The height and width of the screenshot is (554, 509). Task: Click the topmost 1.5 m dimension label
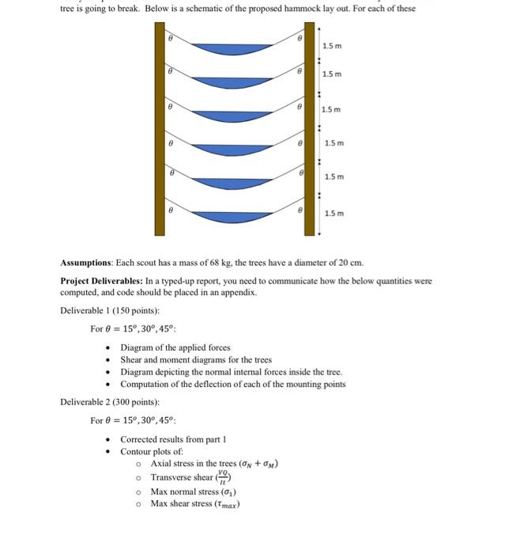332,47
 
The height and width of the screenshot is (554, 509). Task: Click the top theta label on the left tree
169,37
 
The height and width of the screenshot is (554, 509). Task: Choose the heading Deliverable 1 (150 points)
110,310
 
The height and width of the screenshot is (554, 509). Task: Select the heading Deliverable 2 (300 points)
110,402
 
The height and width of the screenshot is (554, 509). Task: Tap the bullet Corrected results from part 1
175,439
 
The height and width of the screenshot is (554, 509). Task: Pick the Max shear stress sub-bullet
194,504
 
